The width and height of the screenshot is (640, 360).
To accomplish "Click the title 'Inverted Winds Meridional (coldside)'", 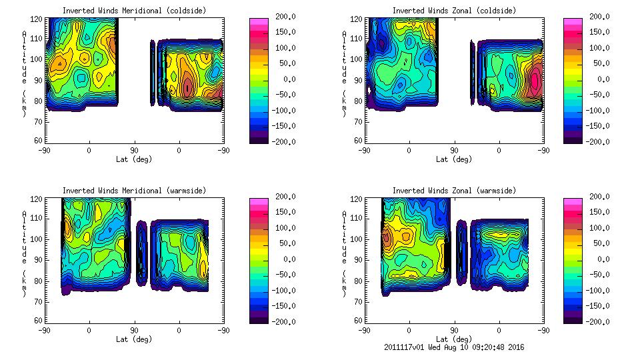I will (x=134, y=11).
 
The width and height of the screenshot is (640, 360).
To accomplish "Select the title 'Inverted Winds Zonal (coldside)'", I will (x=454, y=11).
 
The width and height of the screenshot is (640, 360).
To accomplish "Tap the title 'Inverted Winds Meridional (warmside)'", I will (x=134, y=191).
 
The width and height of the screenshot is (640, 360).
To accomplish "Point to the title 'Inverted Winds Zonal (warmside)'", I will (x=454, y=191).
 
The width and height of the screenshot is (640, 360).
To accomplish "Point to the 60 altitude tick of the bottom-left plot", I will (x=39, y=320).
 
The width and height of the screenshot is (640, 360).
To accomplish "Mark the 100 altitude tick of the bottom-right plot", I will (x=357, y=239).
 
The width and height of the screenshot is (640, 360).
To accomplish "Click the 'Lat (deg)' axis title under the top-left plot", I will (x=134, y=159).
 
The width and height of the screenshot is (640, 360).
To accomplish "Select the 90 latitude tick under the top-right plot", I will (x=454, y=151).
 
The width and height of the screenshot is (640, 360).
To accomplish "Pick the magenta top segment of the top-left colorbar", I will (x=257, y=21).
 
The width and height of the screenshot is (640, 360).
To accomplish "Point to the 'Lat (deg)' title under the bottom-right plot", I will (x=454, y=339).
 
